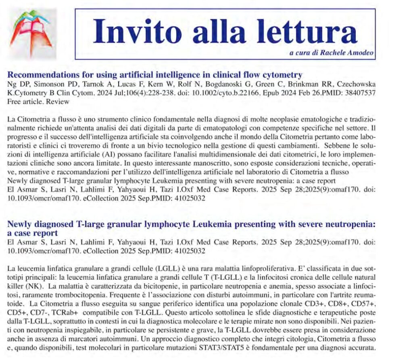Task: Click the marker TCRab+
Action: click(75, 312)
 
